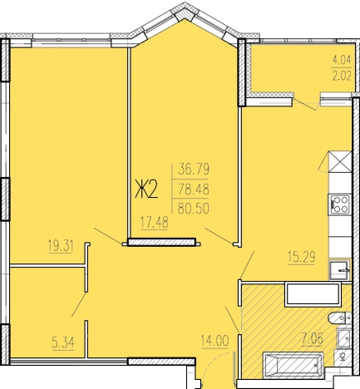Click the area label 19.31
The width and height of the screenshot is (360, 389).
coord(61,246)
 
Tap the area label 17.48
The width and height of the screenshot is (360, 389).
coord(154,223)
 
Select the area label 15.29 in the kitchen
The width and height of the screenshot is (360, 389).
coord(302,258)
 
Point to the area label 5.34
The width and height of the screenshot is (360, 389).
coord(63,343)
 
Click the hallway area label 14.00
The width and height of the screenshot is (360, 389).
coord(215,341)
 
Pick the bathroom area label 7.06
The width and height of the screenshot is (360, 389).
coord(313,338)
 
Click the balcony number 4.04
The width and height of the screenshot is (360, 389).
coord(342,60)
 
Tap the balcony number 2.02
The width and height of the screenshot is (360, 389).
coord(342,76)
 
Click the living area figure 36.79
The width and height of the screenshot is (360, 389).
coord(194,169)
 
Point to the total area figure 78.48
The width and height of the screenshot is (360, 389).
coord(194,190)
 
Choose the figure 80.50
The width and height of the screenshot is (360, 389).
coord(193,209)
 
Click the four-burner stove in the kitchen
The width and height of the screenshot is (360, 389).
coord(340,204)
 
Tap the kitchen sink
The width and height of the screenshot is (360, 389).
coord(339,270)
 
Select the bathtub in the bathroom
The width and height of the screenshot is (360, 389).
coord(293,365)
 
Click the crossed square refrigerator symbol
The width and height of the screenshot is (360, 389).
coord(340,162)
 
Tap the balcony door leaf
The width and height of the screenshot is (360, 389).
coord(304,105)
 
